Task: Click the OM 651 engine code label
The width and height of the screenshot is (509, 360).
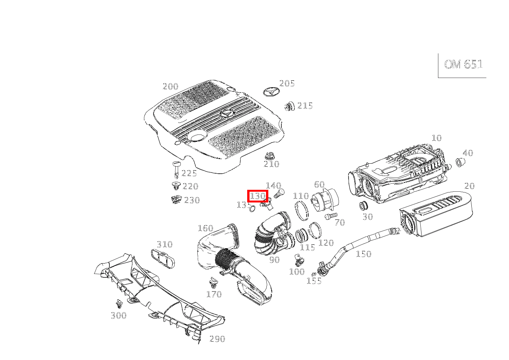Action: click(463, 65)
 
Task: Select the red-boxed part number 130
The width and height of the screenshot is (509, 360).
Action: click(258, 196)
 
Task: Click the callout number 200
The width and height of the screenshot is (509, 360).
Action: click(170, 86)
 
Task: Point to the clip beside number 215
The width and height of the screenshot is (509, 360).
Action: click(289, 106)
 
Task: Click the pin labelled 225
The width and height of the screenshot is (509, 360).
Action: click(176, 168)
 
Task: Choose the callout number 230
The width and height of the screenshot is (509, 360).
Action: click(192, 200)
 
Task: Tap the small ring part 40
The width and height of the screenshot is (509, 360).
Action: click(460, 162)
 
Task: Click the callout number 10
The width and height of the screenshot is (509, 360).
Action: click(436, 138)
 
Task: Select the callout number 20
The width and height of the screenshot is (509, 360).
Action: click(469, 186)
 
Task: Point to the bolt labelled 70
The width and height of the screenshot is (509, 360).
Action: click(330, 216)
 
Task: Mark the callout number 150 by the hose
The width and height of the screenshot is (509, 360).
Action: click(364, 254)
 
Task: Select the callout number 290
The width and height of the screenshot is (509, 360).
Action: click(217, 339)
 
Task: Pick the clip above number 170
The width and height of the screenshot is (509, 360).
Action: click(213, 284)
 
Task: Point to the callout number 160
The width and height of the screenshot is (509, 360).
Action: click(205, 229)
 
